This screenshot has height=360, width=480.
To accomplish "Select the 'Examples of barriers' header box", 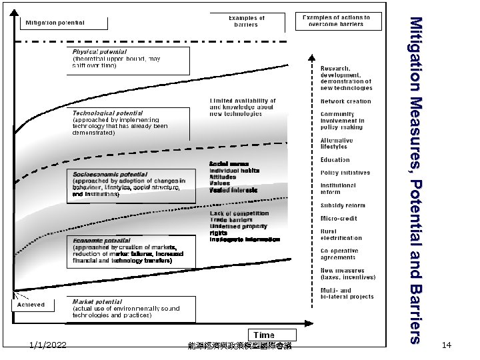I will [246, 21].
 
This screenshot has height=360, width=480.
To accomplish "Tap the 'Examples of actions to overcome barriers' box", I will [339, 21].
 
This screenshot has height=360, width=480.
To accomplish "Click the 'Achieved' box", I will [31, 305].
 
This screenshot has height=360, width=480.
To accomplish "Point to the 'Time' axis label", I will [264, 335].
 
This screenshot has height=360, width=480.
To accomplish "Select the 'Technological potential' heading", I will [107, 113].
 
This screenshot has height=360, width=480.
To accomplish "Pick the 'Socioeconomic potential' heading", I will [110, 174].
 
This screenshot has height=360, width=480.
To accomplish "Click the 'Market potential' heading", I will [97, 301].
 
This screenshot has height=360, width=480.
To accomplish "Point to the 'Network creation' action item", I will [345, 101].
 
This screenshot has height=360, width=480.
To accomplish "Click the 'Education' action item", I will [335, 160].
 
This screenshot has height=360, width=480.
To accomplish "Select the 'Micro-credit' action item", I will [339, 218].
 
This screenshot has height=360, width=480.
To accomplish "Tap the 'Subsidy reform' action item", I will [343, 205].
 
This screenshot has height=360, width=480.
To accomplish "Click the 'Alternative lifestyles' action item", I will [337, 143].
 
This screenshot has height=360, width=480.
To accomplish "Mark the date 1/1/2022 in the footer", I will [48, 345].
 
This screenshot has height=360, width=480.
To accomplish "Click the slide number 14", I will [447, 345].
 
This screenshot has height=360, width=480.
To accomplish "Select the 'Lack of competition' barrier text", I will [239, 213].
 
